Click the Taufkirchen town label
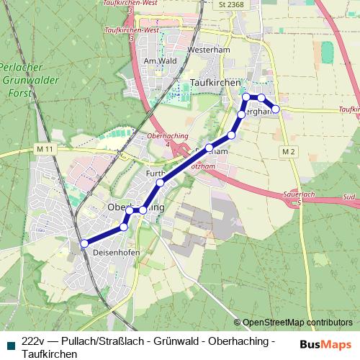pos(216,84)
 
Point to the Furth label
pos(156,174)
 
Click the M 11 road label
pos(45,148)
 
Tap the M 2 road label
pos(289,151)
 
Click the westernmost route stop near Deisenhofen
pos(84,243)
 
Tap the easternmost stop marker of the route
pos(276,109)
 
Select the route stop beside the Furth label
pos(161,183)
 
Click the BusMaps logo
pos(325,343)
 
